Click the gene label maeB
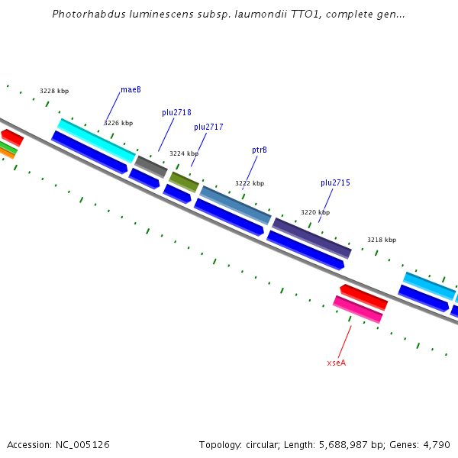pos(131,90)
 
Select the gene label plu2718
pos(176,113)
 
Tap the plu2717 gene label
pos(208,127)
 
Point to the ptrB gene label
pos(260,150)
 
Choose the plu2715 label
pos(335,183)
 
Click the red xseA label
pos(336,363)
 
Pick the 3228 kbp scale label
pos(54,92)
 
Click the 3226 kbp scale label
pos(118,123)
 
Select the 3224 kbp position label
pos(184,153)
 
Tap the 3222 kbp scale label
pos(250,184)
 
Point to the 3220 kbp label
pos(315,213)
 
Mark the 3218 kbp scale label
pos(382,240)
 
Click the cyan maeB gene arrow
pos(97,140)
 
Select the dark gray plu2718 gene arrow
pos(150,166)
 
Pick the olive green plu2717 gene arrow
pos(184,182)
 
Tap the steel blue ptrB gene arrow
pos(235,205)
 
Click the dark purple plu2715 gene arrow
pos(311,237)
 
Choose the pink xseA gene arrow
pos(357,309)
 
